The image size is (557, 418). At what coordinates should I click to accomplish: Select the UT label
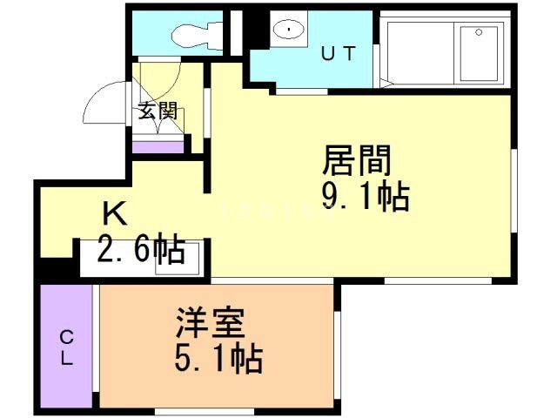coord(339,53)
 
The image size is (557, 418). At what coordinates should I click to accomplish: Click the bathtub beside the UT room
coord(445,51)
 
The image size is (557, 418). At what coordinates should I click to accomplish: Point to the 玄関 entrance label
coord(158,111)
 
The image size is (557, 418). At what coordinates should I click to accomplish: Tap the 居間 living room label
coord(357,161)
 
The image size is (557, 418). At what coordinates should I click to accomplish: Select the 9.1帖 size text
coord(366,198)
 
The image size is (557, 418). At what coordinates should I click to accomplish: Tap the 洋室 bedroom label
coord(208,323)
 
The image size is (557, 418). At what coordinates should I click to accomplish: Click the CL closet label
coord(65,347)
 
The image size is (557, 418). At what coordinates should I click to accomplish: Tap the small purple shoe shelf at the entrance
coord(158,145)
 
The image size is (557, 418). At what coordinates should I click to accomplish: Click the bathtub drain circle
coord(478,32)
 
